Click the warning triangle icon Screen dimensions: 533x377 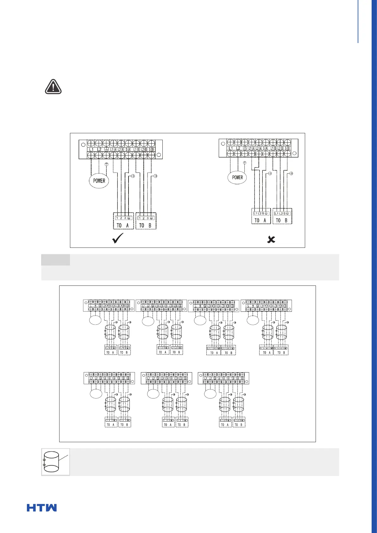pyautogui.click(x=53, y=87)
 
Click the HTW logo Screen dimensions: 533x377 pyautogui.click(x=42, y=508)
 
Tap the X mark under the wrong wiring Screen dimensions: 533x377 pyautogui.click(x=271, y=240)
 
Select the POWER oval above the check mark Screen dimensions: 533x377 pyautogui.click(x=99, y=181)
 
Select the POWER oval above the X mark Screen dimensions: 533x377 pyautogui.click(x=237, y=177)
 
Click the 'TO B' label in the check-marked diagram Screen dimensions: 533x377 pyautogui.click(x=146, y=225)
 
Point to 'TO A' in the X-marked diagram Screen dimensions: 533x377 pyautogui.click(x=261, y=220)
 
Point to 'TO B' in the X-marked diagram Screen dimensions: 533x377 pyautogui.click(x=282, y=220)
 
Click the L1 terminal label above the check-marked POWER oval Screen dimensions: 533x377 pyautogui.click(x=91, y=149)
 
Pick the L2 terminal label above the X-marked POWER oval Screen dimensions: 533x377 pyautogui.click(x=238, y=148)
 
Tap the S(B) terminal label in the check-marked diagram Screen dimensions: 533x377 pyautogui.click(x=151, y=149)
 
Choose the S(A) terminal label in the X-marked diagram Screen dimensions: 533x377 pyautogui.click(x=266, y=148)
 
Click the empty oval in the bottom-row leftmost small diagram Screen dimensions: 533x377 pyautogui.click(x=96, y=394)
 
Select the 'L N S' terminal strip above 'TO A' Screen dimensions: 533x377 pyautogui.click(x=110, y=348)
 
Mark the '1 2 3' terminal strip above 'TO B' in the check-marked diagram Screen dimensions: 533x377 pyautogui.click(x=146, y=218)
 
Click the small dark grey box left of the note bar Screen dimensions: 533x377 pyautogui.click(x=56, y=260)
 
